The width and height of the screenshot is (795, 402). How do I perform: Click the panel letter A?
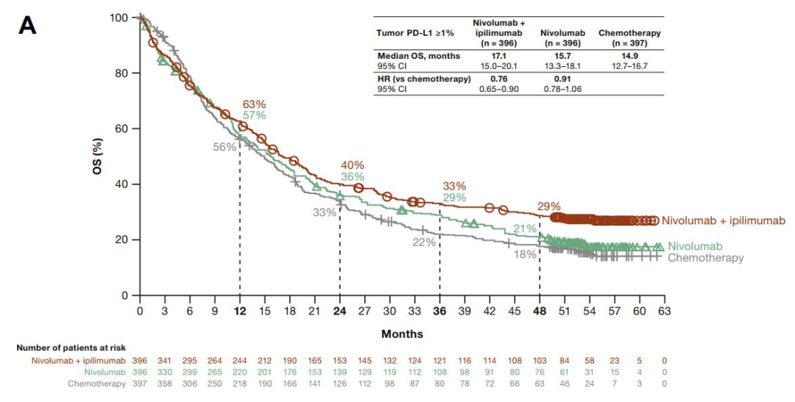(x=26, y=25)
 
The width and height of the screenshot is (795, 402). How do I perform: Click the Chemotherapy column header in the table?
(x=629, y=34)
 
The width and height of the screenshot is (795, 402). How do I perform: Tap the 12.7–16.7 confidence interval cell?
(x=629, y=65)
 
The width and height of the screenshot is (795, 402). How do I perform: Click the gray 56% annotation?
(x=225, y=147)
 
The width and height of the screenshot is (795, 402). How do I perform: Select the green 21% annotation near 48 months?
(x=525, y=229)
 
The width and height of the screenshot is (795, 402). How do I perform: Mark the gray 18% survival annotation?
(x=525, y=254)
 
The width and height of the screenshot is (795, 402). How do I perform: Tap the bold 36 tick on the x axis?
(x=439, y=311)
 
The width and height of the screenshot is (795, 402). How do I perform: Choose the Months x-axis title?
(x=402, y=334)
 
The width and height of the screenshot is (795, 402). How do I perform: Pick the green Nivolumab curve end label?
(x=696, y=246)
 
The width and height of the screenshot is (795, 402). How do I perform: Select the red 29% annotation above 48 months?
(x=549, y=207)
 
